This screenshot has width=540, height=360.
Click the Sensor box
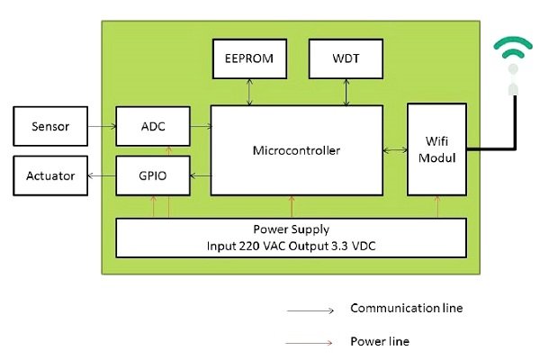coord(51,126)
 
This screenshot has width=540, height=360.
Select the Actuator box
coord(51,175)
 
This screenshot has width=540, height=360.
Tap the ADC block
coord(153,126)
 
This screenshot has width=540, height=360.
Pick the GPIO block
coord(153,175)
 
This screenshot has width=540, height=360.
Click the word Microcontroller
coord(296,150)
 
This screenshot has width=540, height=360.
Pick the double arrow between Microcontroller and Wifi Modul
coord(394,150)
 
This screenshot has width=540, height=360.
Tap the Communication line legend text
coord(406,309)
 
